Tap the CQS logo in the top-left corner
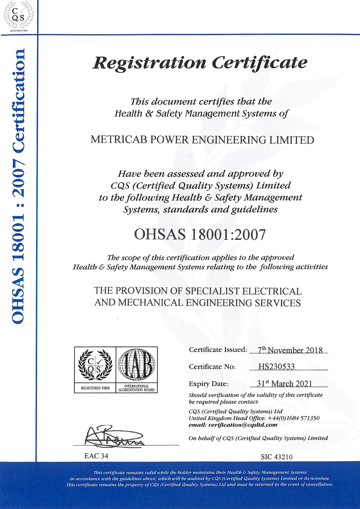tap(18, 15)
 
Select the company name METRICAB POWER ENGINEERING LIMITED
tap(202, 140)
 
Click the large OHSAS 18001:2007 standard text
tap(200, 234)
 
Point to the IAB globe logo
tap(136, 365)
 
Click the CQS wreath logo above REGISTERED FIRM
tap(95, 365)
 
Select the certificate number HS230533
tap(276, 367)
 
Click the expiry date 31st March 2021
tap(284, 384)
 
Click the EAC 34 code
tap(96, 456)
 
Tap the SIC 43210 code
tap(276, 457)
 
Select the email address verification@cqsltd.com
tap(243, 425)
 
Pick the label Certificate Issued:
tap(218, 350)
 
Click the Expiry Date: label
tap(208, 384)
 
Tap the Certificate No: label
tap(212, 367)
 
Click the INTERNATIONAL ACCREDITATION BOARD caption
tap(136, 388)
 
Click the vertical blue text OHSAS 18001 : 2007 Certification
tap(18, 186)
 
